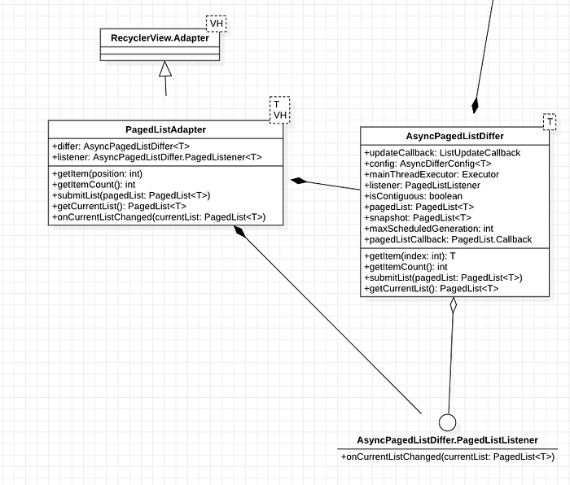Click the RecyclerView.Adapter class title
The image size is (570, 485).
[x=160, y=38]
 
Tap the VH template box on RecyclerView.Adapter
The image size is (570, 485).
[x=217, y=24]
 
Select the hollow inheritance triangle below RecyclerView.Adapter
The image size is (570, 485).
[x=165, y=68]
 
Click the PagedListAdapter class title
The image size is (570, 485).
[x=166, y=129]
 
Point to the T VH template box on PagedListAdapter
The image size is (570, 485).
[x=280, y=110]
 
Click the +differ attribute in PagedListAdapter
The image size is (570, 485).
[x=121, y=146]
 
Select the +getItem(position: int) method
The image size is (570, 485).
[x=98, y=173]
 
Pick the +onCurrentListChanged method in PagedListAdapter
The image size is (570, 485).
[x=160, y=217]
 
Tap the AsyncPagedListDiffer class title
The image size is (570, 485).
[x=454, y=136]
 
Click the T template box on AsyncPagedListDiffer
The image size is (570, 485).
[x=550, y=122]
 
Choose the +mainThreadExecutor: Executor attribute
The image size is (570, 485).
[x=432, y=174]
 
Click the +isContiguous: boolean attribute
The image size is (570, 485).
[x=414, y=196]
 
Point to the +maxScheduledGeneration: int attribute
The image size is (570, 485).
[x=429, y=229]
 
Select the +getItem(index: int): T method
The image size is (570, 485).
[x=410, y=256]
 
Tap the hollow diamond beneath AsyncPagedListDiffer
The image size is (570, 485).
[x=453, y=304]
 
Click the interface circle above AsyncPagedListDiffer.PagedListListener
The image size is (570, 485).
[x=448, y=422]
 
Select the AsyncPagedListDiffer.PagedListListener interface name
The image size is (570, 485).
[x=448, y=440]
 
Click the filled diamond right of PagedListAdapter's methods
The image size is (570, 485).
[x=299, y=181]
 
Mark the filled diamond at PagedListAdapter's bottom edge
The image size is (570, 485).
[x=239, y=231]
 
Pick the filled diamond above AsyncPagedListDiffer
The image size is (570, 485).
[x=475, y=106]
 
